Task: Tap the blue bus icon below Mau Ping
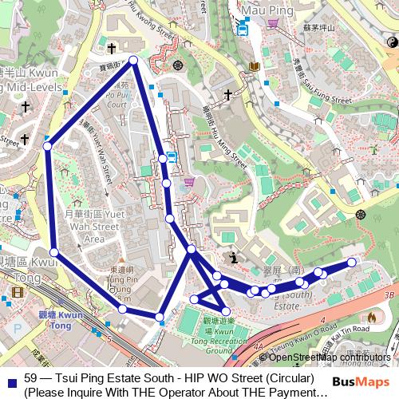(x=242, y=28)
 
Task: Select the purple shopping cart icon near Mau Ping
(x=273, y=23)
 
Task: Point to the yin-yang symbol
(x=391, y=42)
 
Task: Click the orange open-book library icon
(x=254, y=66)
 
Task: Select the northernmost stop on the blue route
(x=133, y=61)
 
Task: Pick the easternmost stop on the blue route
(x=351, y=263)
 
